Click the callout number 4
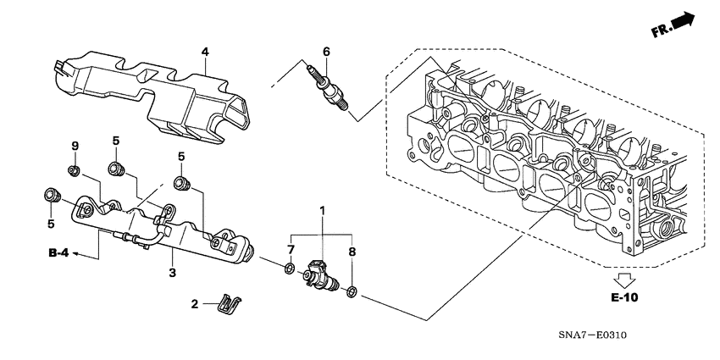pos(204,53)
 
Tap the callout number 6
pos(325,52)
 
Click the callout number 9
pos(74,147)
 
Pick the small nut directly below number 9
pos(74,172)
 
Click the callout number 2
pos(193,303)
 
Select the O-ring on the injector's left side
pos(289,270)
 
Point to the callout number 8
pos(353,251)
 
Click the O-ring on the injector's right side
pos(352,292)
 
